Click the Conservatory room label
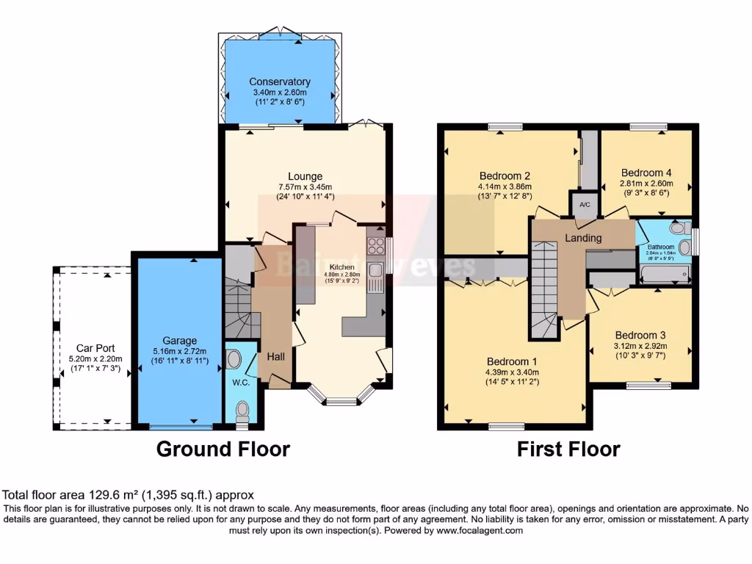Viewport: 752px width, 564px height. [x=279, y=82]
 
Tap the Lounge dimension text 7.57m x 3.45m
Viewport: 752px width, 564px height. [x=305, y=187]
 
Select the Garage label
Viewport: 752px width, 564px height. [x=179, y=341]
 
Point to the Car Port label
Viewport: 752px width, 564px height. [x=95, y=348]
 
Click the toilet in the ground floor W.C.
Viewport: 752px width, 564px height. [x=235, y=360]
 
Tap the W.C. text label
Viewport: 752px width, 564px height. [x=239, y=382]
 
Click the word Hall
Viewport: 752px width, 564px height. [x=276, y=356]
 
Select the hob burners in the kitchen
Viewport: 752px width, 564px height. [x=376, y=246]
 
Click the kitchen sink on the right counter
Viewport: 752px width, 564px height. [x=375, y=272]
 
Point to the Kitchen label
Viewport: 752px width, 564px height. [x=341, y=267]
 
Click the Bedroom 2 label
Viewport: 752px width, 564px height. [x=505, y=176]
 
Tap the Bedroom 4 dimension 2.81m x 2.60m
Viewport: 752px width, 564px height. [x=646, y=185]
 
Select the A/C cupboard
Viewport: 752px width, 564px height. [x=585, y=205]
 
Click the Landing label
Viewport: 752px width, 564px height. [x=583, y=238]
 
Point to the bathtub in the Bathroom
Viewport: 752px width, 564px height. [x=665, y=275]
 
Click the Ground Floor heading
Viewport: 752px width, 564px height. [x=223, y=449]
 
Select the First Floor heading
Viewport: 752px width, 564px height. [x=568, y=449]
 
